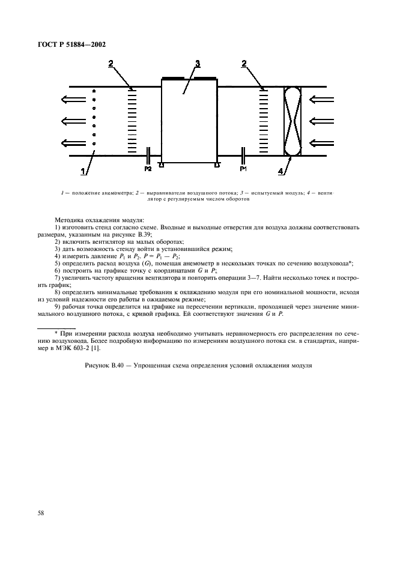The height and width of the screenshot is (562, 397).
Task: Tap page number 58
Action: (x=41, y=512)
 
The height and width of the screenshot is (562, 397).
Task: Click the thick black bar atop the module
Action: (x=189, y=77)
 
